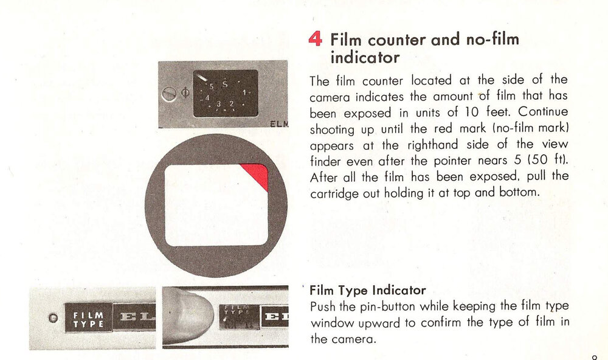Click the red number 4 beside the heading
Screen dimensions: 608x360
point(315,39)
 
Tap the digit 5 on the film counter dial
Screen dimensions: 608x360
point(212,86)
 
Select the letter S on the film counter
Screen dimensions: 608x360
point(225,84)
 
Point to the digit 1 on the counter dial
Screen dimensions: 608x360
point(244,92)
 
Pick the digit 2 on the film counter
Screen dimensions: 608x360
point(232,103)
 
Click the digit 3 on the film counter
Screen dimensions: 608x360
point(219,104)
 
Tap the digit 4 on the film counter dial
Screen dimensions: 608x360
point(207,98)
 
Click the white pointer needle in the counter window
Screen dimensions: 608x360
point(202,78)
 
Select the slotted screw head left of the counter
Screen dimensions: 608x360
point(169,94)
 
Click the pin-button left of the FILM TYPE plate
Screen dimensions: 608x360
point(54,318)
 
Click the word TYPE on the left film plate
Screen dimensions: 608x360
point(88,324)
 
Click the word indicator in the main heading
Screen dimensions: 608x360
point(365,57)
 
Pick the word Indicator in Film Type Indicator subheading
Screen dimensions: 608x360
point(399,290)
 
